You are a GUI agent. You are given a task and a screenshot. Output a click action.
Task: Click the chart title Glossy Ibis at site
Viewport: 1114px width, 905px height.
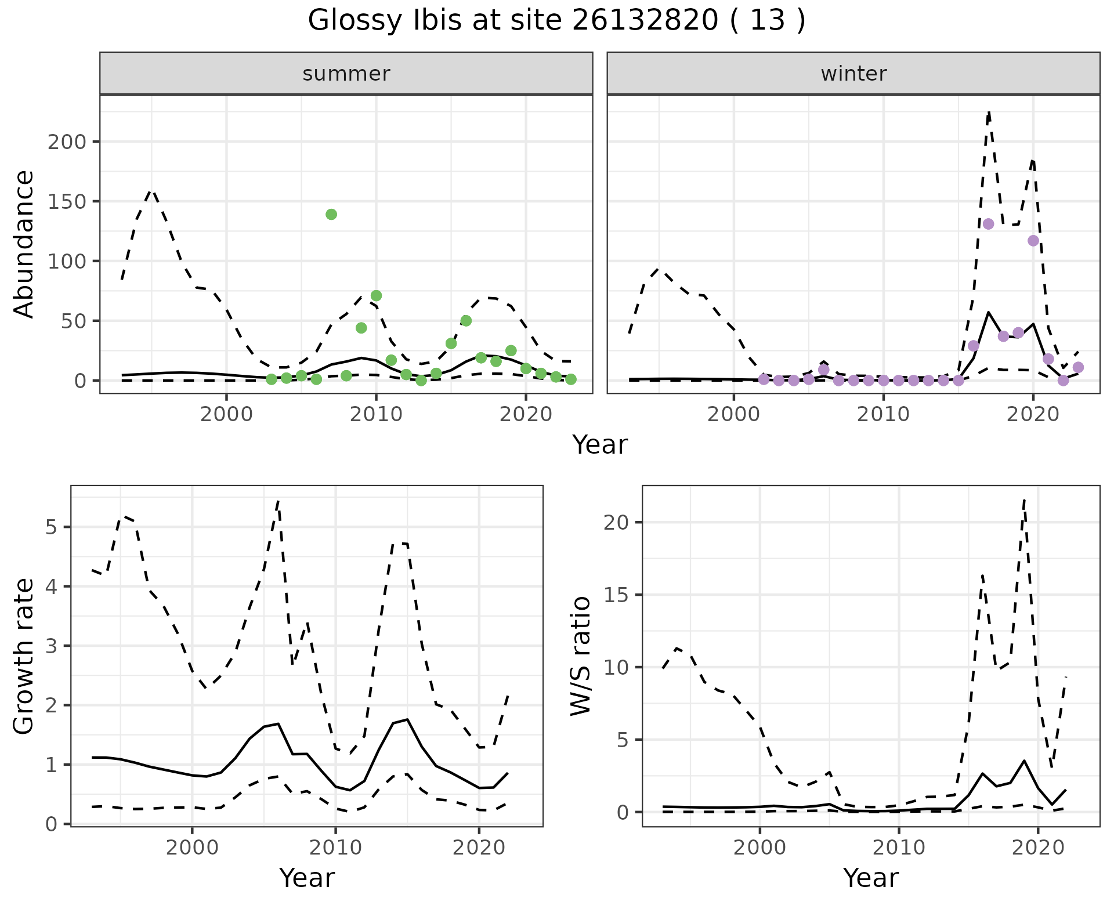click(x=556, y=21)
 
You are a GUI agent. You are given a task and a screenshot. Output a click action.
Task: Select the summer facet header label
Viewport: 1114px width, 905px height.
click(x=346, y=74)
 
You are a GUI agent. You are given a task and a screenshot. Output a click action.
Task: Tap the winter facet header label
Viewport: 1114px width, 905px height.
click(x=853, y=74)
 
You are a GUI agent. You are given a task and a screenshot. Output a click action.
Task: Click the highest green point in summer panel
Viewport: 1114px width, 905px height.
click(x=331, y=215)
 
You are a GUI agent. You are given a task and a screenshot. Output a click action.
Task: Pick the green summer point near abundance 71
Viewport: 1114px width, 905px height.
click(x=376, y=296)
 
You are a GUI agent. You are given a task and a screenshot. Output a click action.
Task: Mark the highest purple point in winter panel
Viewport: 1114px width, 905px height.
click(x=989, y=224)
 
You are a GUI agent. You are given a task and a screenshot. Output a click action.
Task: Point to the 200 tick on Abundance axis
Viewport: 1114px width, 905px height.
click(x=68, y=142)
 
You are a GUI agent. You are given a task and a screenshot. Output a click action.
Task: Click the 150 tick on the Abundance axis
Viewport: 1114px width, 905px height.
click(x=68, y=202)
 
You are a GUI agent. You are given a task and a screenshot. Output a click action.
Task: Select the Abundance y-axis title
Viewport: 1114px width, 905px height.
click(x=24, y=244)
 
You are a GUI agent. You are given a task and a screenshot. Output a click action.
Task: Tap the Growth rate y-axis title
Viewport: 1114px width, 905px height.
click(x=24, y=657)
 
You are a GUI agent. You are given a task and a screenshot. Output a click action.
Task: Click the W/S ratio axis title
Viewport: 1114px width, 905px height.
click(x=581, y=656)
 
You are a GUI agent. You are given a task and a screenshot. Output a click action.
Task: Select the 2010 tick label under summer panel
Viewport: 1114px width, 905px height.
click(x=376, y=414)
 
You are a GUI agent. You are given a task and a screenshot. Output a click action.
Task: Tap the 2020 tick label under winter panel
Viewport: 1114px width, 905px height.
click(x=1033, y=414)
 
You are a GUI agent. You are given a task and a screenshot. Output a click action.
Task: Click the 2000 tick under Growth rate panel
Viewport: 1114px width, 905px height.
click(x=192, y=848)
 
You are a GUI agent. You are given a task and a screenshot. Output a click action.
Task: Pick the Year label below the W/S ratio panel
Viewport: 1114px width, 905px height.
click(x=870, y=878)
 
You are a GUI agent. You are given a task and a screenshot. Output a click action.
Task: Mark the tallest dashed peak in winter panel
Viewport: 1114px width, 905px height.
click(x=989, y=111)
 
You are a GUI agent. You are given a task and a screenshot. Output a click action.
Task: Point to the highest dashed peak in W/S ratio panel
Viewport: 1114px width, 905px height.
click(x=1025, y=499)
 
